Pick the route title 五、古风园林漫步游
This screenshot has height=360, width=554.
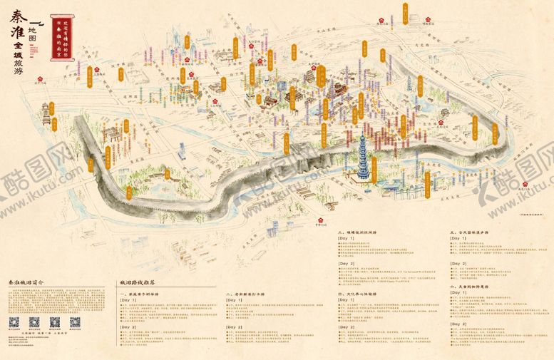pyautogui.click(x=473, y=232)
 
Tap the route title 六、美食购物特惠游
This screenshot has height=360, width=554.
pyautogui.click(x=473, y=285)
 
